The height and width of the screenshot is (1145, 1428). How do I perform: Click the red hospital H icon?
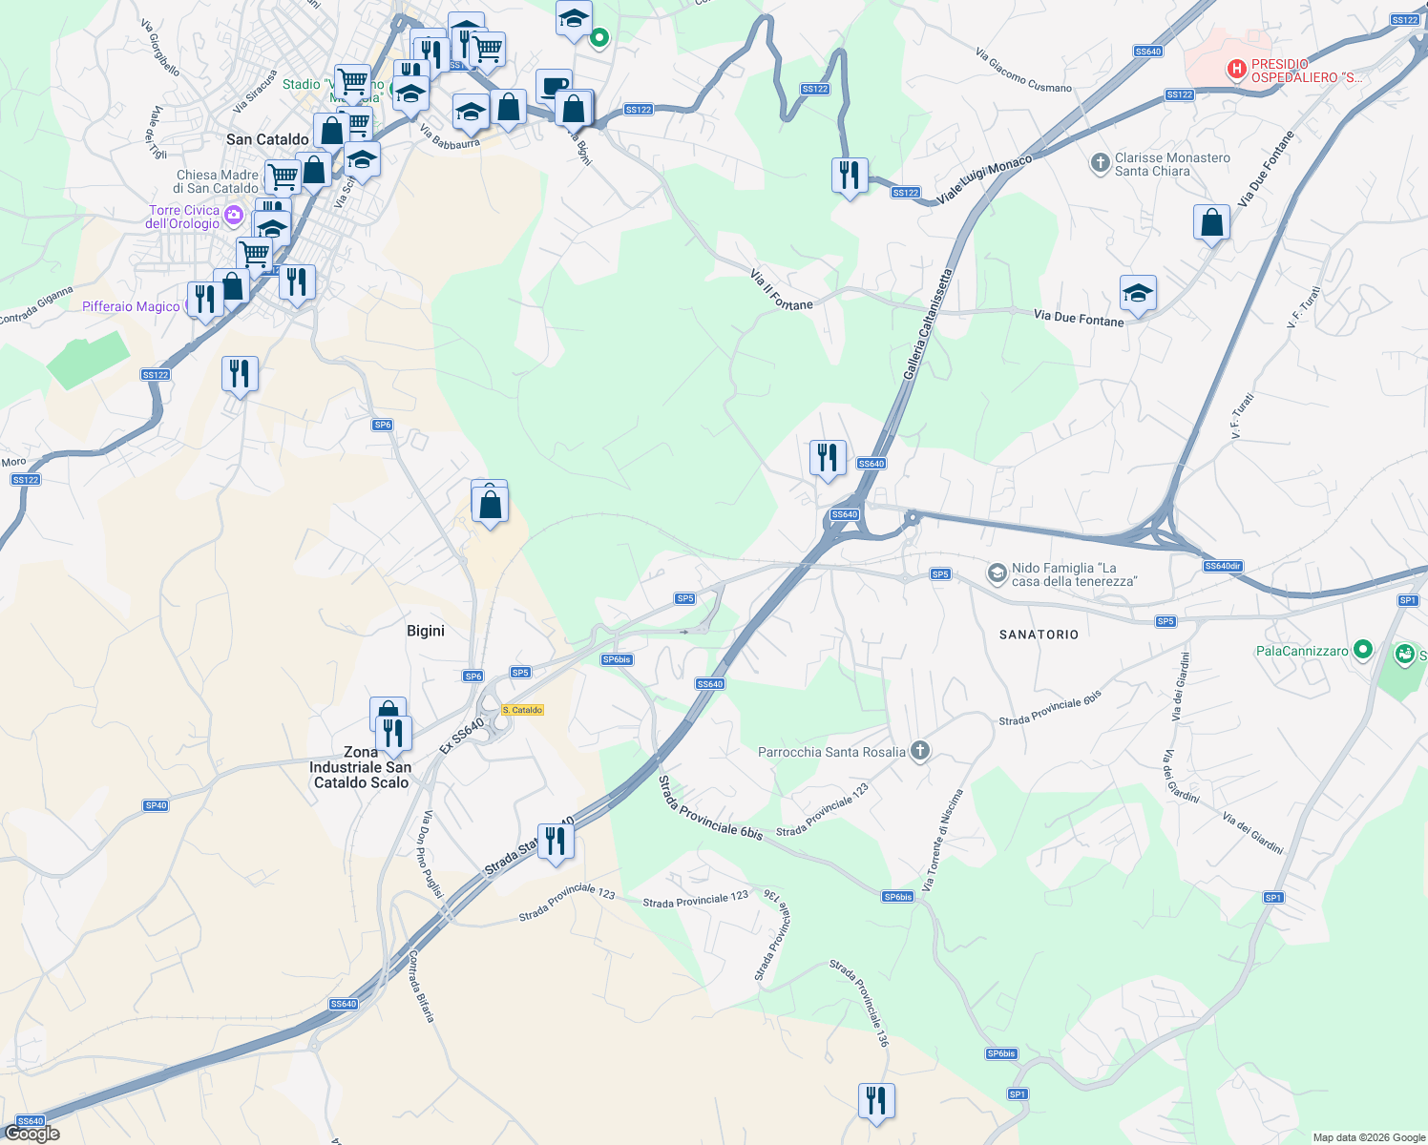pyautogui.click(x=1236, y=70)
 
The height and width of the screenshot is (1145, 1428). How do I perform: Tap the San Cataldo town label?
pyautogui.click(x=267, y=139)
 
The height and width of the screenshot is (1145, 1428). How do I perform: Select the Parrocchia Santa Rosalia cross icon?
pyautogui.click(x=919, y=751)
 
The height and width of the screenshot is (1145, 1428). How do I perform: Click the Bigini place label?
pyautogui.click(x=426, y=631)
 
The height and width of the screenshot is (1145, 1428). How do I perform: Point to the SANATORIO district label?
pyautogui.click(x=1039, y=635)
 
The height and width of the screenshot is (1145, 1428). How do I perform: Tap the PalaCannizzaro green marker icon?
pyautogui.click(x=1363, y=650)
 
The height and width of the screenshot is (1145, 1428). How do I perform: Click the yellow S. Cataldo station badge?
pyautogui.click(x=522, y=710)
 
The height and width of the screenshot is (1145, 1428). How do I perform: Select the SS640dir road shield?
pyautogui.click(x=1223, y=566)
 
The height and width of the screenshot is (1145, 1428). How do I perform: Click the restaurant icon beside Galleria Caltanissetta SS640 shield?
pyautogui.click(x=828, y=458)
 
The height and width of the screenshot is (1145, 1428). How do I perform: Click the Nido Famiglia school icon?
pyautogui.click(x=997, y=573)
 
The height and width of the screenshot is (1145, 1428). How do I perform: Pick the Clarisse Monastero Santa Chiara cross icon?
pyautogui.click(x=1101, y=163)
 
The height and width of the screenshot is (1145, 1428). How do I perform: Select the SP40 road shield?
pyautogui.click(x=156, y=805)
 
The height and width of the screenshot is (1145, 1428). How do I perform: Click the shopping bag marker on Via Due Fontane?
pyautogui.click(x=1211, y=223)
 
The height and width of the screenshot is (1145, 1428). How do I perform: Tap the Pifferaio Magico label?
pyautogui.click(x=131, y=306)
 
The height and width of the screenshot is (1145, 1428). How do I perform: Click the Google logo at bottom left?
pyautogui.click(x=31, y=1134)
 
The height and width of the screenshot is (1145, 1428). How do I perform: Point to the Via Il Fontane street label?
pyautogui.click(x=781, y=291)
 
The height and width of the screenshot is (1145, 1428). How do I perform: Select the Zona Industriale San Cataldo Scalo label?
pyautogui.click(x=361, y=767)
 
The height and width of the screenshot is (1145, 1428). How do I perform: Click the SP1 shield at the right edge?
pyautogui.click(x=1408, y=600)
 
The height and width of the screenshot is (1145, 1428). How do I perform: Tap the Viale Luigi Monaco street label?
pyautogui.click(x=984, y=179)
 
